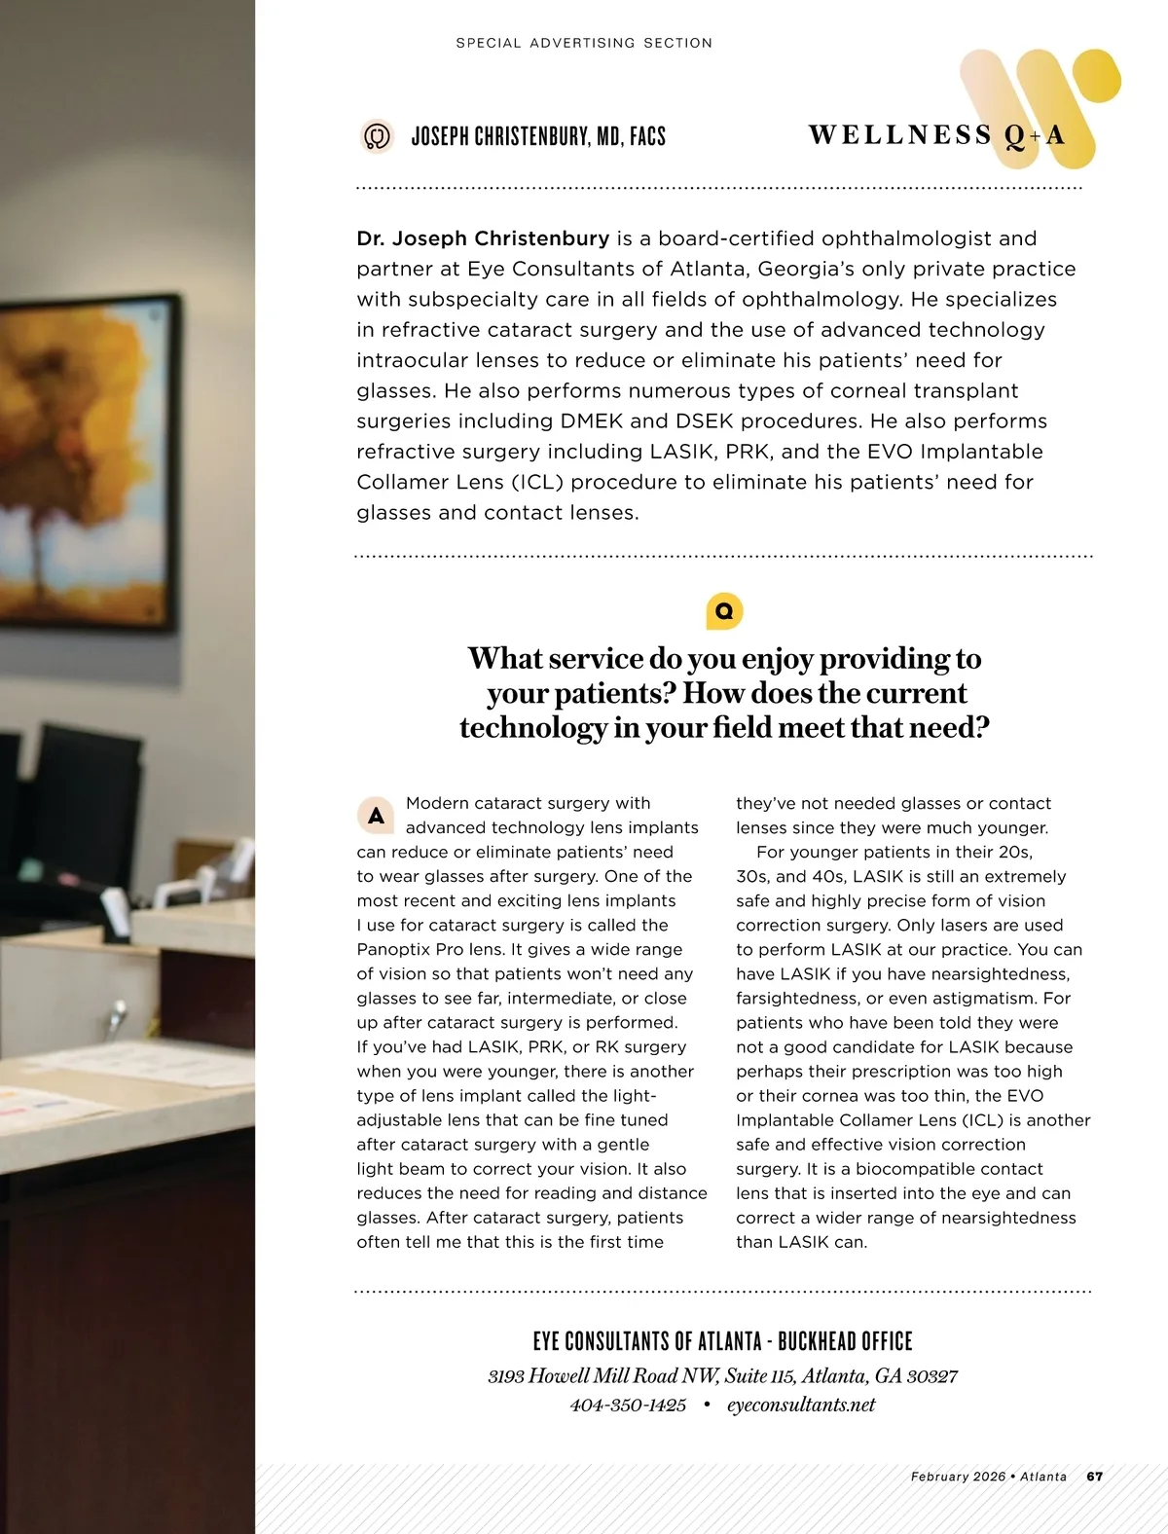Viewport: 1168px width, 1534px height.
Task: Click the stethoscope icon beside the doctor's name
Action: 377,136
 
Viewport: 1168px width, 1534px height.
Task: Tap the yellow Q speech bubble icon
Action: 724,611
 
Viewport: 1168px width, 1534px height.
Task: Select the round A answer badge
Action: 376,817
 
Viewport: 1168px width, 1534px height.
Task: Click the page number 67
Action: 1095,1477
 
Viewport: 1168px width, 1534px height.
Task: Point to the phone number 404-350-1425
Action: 628,1405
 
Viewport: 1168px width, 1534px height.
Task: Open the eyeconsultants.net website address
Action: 801,1405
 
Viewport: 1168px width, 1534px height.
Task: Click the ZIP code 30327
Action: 931,1376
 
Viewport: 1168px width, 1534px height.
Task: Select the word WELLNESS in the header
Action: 899,135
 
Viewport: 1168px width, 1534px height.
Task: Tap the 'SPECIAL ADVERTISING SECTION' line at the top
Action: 584,43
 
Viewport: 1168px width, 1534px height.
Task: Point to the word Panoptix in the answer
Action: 391,950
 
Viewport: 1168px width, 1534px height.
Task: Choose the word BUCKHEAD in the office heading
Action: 817,1341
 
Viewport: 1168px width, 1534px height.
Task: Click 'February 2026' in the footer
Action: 958,1477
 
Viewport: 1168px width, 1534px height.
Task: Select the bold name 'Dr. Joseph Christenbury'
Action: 483,238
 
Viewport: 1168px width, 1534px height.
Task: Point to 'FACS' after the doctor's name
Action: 647,136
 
